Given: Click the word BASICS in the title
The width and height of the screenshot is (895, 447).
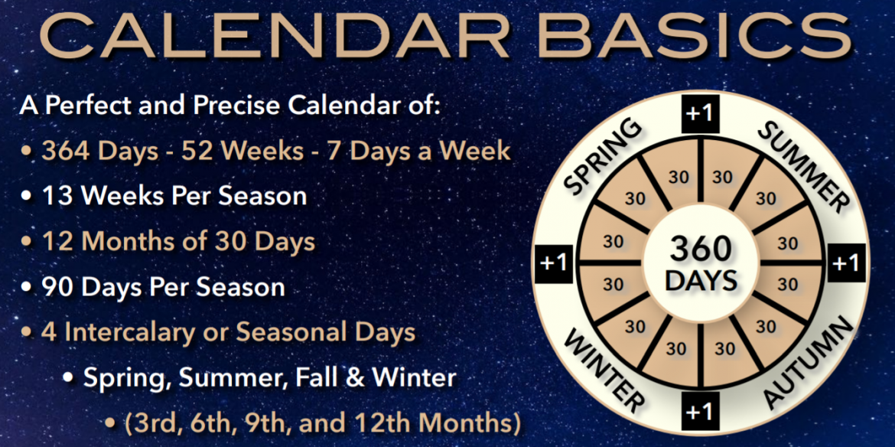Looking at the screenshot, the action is click(695, 36).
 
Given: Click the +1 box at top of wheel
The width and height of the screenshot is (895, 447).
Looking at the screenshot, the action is click(700, 113).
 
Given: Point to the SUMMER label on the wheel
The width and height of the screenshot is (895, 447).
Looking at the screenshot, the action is click(802, 161).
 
